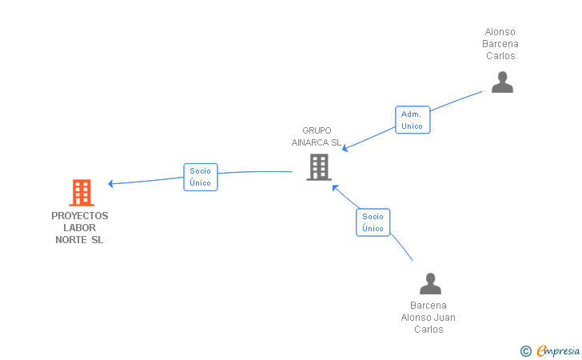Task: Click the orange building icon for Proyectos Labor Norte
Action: pyautogui.click(x=81, y=192)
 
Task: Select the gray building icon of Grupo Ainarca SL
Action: pyautogui.click(x=318, y=166)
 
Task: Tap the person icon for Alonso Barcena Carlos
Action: pyautogui.click(x=501, y=82)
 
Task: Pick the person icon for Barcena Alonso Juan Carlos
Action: pyautogui.click(x=430, y=283)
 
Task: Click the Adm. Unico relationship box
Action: pyautogui.click(x=412, y=120)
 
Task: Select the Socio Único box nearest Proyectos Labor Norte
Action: pyautogui.click(x=200, y=177)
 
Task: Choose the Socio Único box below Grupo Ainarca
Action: pyautogui.click(x=373, y=222)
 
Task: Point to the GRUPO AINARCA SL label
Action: pyautogui.click(x=317, y=136)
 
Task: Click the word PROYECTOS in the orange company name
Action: pyautogui.click(x=80, y=216)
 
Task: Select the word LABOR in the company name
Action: pyautogui.click(x=79, y=228)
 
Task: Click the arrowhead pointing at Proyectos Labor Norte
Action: pyautogui.click(x=111, y=184)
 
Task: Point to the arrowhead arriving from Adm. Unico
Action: pyautogui.click(x=345, y=149)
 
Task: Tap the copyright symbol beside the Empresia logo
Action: pyautogui.click(x=525, y=350)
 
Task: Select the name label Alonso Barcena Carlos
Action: pyautogui.click(x=500, y=44)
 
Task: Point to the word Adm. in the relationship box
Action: pyautogui.click(x=412, y=114)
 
